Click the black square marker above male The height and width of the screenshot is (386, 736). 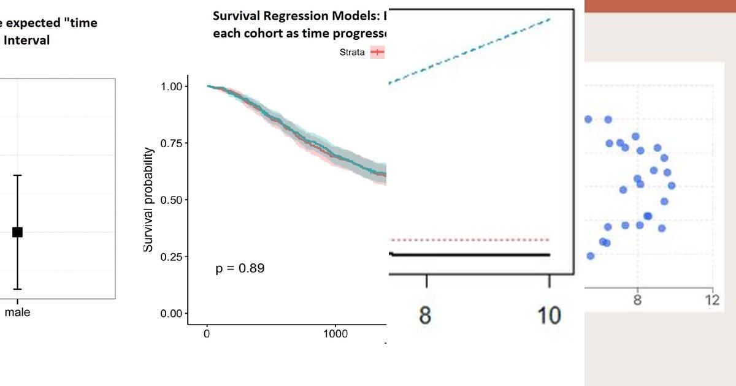tap(17, 232)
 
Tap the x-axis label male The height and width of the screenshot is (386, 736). tap(17, 312)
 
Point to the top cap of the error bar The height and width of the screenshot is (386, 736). tap(17, 175)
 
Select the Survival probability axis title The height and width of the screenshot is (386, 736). tap(148, 200)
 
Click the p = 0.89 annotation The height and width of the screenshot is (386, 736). tap(240, 268)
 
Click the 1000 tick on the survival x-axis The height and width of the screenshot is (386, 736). tap(335, 334)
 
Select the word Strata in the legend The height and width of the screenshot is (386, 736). tap(352, 52)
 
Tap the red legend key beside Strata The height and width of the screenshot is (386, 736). tap(377, 52)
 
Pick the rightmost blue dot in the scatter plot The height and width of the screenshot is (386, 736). tap(672, 185)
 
